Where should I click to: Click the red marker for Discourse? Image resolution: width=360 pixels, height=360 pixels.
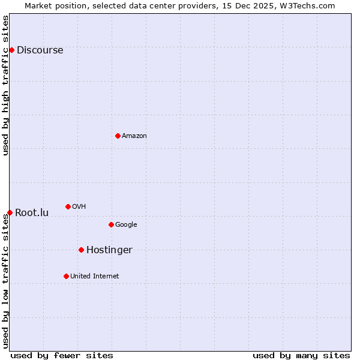point(11,50)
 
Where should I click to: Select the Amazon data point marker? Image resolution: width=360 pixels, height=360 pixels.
point(118,136)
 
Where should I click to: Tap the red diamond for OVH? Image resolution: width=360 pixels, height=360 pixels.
point(68,206)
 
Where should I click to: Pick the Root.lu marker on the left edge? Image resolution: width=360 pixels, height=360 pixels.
point(10,212)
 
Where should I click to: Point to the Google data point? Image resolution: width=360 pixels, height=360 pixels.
point(111,224)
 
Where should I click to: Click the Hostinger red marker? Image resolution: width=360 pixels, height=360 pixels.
point(81,250)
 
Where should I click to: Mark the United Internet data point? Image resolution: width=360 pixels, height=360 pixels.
point(66,276)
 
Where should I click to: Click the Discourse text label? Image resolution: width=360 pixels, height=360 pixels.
point(40,50)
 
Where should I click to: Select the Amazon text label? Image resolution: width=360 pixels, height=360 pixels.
point(134,136)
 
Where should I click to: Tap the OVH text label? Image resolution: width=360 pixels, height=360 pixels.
point(79,207)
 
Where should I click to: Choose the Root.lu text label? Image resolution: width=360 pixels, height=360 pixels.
point(32,213)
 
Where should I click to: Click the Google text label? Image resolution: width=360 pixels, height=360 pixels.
point(126,225)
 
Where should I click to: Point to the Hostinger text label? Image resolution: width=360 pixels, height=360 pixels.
point(109,250)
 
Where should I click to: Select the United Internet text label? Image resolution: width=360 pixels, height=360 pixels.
point(94,277)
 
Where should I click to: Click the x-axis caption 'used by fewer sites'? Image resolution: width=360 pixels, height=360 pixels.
point(62,355)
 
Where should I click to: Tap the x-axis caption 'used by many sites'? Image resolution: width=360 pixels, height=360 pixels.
point(301,355)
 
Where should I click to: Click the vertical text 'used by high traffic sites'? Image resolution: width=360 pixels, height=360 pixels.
point(6,85)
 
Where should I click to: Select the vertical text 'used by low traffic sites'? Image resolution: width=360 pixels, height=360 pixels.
point(6,281)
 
